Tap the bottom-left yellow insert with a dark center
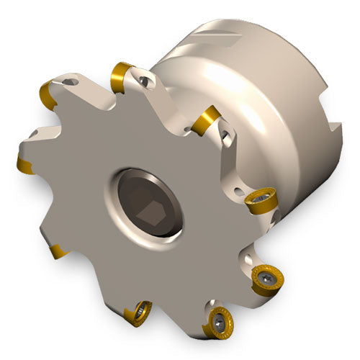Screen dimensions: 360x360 [136, 310]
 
